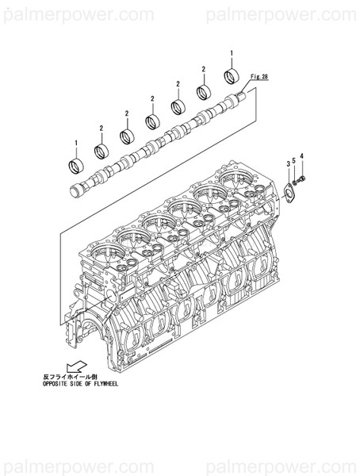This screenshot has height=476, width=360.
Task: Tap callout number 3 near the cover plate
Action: pyautogui.click(x=288, y=163)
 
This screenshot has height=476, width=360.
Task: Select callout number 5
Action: pyautogui.click(x=295, y=161)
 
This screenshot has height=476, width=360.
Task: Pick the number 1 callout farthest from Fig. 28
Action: pyautogui.click(x=76, y=144)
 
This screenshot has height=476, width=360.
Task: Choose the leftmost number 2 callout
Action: pyautogui.click(x=101, y=128)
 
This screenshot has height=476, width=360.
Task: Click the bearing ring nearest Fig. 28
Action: pyautogui.click(x=232, y=76)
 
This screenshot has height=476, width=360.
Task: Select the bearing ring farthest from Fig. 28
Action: pyautogui.click(x=75, y=167)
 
